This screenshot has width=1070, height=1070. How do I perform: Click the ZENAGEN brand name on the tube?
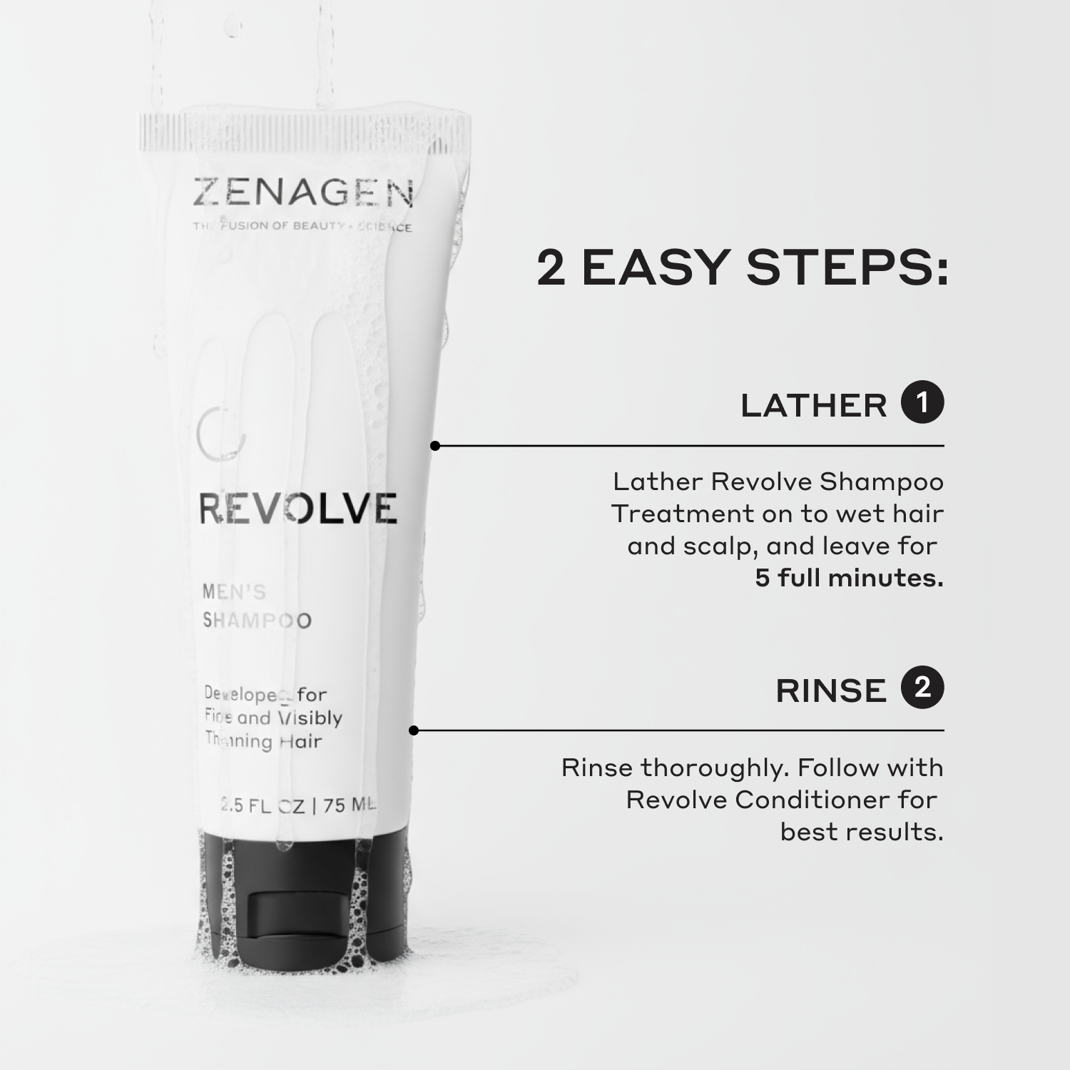pyautogui.click(x=303, y=193)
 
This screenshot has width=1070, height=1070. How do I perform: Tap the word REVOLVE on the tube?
pyautogui.click(x=297, y=509)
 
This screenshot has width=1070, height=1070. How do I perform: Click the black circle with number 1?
pyautogui.click(x=922, y=403)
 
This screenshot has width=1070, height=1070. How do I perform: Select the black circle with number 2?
pyautogui.click(x=922, y=688)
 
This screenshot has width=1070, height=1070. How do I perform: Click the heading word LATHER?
pyautogui.click(x=813, y=406)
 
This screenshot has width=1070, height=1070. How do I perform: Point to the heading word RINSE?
pyautogui.click(x=830, y=691)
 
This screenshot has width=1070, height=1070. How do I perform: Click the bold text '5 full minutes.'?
pyautogui.click(x=849, y=578)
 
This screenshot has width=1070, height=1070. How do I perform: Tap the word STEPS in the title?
pyautogui.click(x=847, y=268)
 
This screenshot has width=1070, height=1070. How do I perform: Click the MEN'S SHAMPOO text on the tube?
pyautogui.click(x=257, y=606)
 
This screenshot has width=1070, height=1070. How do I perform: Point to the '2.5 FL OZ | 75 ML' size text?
pyautogui.click(x=298, y=805)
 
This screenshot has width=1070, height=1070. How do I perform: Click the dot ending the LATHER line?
pyautogui.click(x=435, y=446)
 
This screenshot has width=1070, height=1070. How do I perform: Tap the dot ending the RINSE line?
pyautogui.click(x=414, y=730)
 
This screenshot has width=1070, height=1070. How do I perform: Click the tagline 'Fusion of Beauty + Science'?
pyautogui.click(x=302, y=227)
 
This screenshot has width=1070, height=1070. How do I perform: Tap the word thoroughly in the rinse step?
pyautogui.click(x=714, y=768)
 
